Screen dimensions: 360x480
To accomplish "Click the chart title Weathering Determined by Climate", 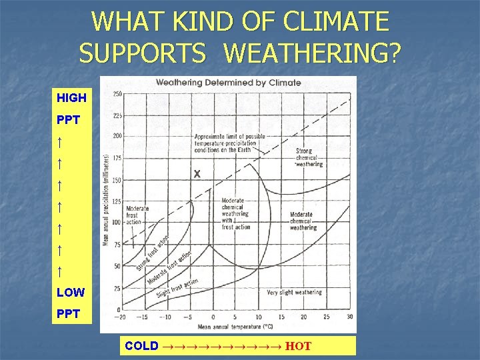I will [x=228, y=83].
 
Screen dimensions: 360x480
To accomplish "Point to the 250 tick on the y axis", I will [x=117, y=94].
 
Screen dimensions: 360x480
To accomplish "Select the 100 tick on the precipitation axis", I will [x=117, y=222].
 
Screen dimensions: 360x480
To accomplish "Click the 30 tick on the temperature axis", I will [x=350, y=317].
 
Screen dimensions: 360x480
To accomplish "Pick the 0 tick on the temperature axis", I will [x=213, y=317].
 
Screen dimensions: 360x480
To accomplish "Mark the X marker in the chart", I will [x=197, y=174].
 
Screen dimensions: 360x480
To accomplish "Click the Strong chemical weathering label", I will [x=308, y=157].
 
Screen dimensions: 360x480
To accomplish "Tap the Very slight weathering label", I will [x=294, y=292].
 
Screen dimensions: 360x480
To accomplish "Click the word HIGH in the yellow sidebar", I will [x=71, y=98].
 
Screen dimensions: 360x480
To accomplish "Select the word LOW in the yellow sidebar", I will [x=71, y=292].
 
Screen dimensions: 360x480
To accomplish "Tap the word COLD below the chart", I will [x=141, y=346].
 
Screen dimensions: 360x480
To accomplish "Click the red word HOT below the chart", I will [x=299, y=346].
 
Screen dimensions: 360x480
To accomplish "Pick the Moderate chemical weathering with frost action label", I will [x=235, y=213].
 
